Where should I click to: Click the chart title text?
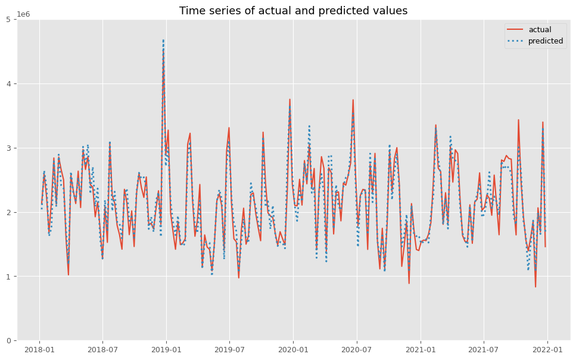point(293,11)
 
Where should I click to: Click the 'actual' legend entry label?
point(540,30)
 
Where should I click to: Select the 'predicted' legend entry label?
point(546,41)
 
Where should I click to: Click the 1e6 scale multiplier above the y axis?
point(24,14)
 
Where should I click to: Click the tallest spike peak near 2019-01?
point(163,41)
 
